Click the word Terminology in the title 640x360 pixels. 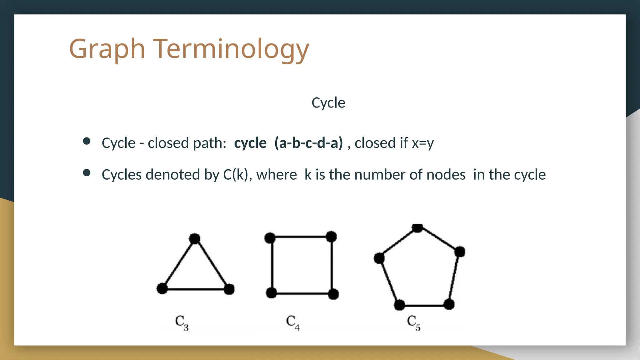coord(231,49)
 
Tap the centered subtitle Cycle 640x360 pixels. coord(328,102)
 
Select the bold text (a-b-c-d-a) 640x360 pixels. coord(308,143)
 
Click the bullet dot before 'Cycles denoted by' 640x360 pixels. coord(87,173)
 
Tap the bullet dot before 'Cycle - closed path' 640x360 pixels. coord(87,141)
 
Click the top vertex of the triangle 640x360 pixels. coord(194,239)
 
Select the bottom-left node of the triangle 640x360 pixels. coord(162,288)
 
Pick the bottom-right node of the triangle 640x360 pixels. coord(229,289)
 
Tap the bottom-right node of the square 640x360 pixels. coord(333,294)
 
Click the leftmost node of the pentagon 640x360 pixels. coord(379,258)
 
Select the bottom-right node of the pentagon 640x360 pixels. coord(449,304)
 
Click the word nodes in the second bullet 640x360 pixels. coord(446,174)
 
